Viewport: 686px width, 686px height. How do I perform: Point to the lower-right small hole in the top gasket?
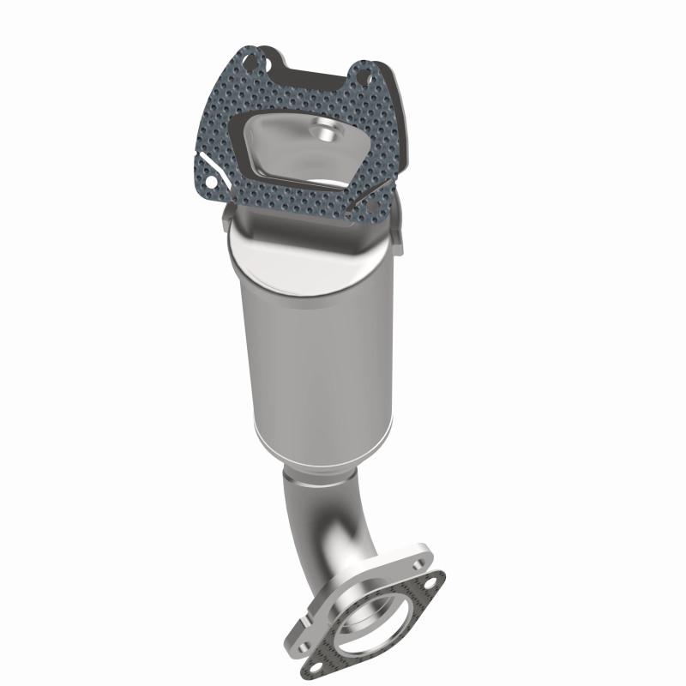370,208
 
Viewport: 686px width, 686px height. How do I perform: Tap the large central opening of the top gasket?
300,159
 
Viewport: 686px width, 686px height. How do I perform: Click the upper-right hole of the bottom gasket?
432,588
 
